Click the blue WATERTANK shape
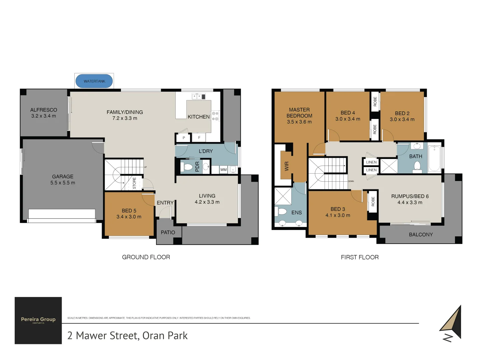(x=94, y=81)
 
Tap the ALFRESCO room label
(x=44, y=110)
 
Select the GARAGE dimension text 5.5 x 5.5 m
(x=63, y=183)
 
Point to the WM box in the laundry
(x=223, y=170)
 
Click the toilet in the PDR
(x=188, y=167)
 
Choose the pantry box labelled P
(x=184, y=138)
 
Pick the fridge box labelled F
(x=199, y=137)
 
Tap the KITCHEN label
(x=199, y=117)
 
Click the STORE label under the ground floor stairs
(x=134, y=183)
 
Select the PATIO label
(x=168, y=232)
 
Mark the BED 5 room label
(x=129, y=211)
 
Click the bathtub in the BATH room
(x=434, y=158)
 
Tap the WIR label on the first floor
(x=287, y=166)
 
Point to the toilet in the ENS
(x=282, y=211)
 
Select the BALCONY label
(x=421, y=235)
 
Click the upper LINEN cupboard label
(x=371, y=162)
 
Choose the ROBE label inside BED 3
(x=373, y=201)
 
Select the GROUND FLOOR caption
(x=146, y=257)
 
